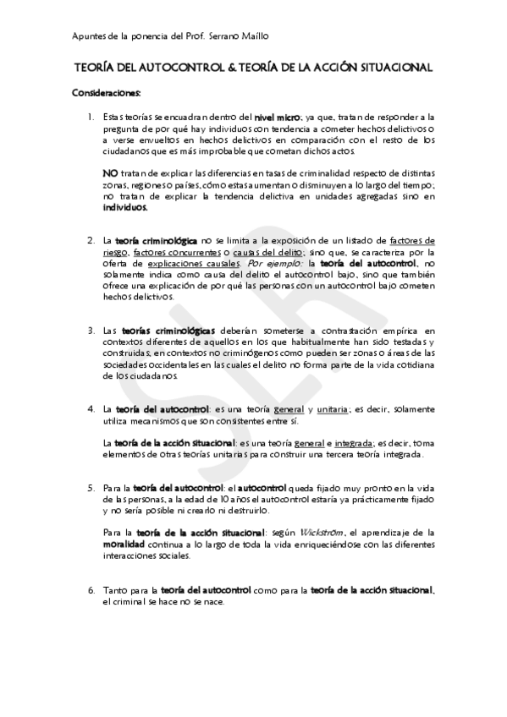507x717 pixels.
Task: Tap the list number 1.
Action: point(91,117)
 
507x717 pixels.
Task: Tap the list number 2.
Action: point(91,241)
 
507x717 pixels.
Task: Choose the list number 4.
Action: point(91,409)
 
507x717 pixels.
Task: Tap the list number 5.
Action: point(91,488)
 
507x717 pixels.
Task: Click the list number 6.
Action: point(91,589)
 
